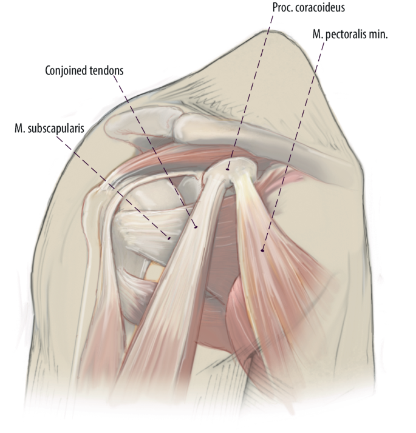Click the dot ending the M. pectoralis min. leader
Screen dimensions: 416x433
click(x=262, y=249)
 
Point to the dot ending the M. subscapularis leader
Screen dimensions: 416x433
click(x=169, y=238)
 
